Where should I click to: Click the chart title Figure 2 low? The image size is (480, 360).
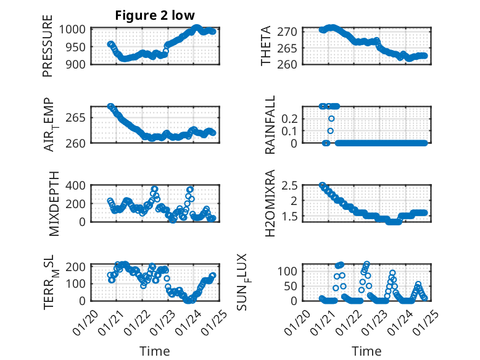(155, 15)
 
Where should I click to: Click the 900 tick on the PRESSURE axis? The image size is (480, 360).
(78, 64)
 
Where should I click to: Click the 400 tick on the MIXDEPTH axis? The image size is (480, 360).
(78, 185)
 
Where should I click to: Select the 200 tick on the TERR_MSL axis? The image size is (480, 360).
(78, 266)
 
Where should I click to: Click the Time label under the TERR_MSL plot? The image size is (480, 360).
(155, 351)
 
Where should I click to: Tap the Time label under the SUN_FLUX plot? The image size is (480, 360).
(367, 351)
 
